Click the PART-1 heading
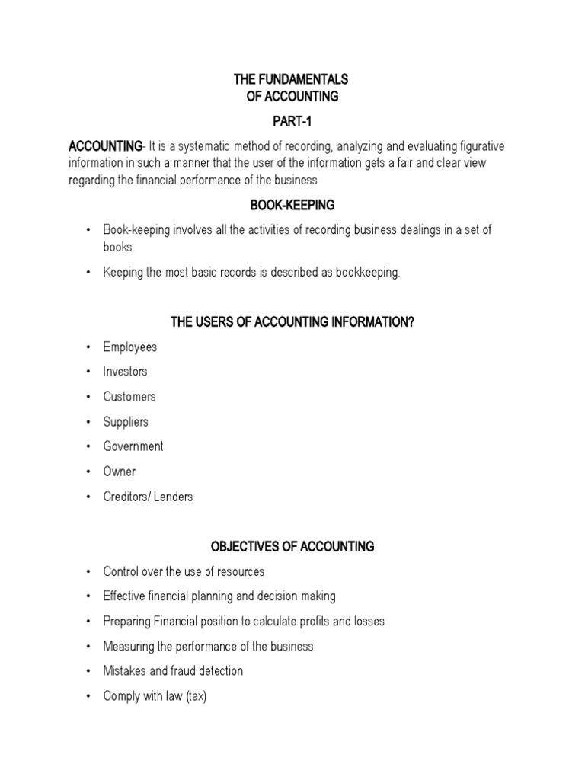[292, 121]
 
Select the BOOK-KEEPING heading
[292, 205]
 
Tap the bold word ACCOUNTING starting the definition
[105, 146]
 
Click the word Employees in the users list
[130, 347]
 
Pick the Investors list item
[126, 372]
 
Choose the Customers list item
[129, 397]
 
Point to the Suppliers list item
[126, 422]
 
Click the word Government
[133, 446]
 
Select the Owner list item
[120, 472]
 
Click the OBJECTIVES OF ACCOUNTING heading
[292, 546]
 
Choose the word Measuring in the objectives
[129, 646]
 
